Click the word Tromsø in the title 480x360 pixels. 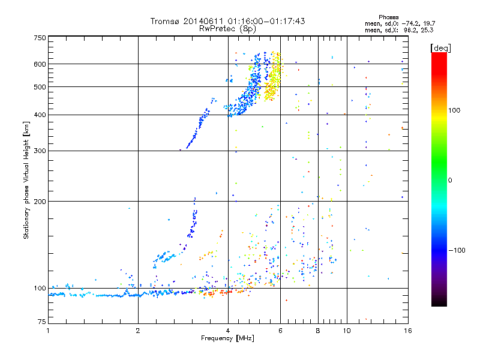(x=165, y=21)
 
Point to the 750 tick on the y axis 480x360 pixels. (x=40, y=38)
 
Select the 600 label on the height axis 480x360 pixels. (x=40, y=64)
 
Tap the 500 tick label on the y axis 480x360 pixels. (x=40, y=86)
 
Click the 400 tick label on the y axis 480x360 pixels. (x=40, y=115)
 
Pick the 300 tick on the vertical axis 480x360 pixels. (x=40, y=151)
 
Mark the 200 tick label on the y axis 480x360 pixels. (x=40, y=201)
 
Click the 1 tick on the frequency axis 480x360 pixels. (x=48, y=331)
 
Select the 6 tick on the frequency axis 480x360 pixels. (x=280, y=331)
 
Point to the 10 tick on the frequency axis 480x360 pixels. (x=346, y=331)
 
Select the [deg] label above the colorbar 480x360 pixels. (x=441, y=47)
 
